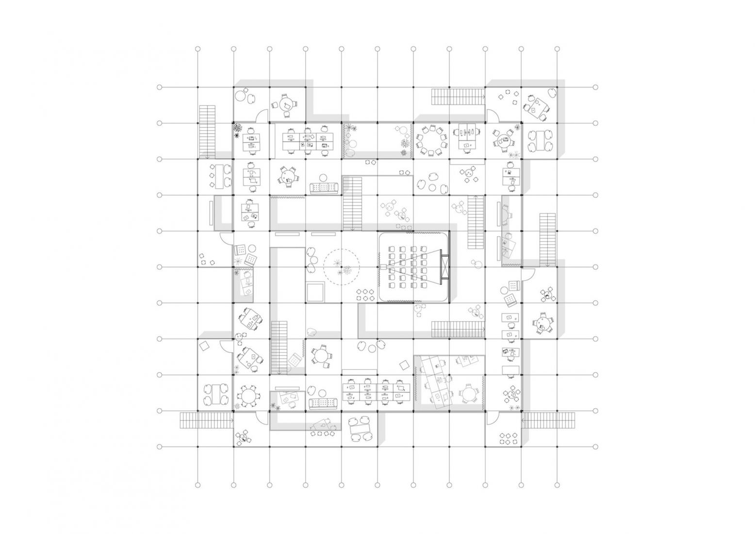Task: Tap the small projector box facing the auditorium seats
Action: click(382, 267)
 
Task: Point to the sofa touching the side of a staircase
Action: click(324, 187)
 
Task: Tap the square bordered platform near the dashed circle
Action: click(314, 291)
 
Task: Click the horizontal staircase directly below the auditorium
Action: click(457, 329)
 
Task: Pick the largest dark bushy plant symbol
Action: click(238, 129)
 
